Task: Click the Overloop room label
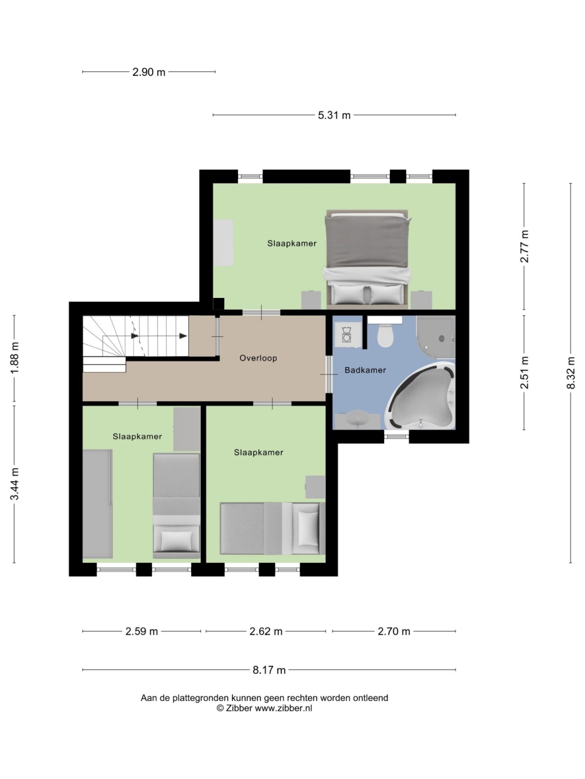click(x=258, y=358)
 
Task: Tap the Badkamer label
click(x=365, y=370)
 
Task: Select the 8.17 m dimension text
click(x=269, y=670)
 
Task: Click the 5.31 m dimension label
click(x=334, y=115)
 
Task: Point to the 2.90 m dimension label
click(x=149, y=72)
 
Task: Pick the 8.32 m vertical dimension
click(x=571, y=373)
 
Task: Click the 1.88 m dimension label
click(x=15, y=359)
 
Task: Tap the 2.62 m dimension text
click(x=266, y=631)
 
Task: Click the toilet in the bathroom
click(x=385, y=335)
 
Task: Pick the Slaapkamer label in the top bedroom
click(x=292, y=243)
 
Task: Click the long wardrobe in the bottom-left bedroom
click(x=97, y=504)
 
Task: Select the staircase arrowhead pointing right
click(x=183, y=336)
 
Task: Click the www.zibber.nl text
click(x=283, y=708)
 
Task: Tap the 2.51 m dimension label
click(x=524, y=373)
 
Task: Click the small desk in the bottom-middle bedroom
click(x=315, y=487)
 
